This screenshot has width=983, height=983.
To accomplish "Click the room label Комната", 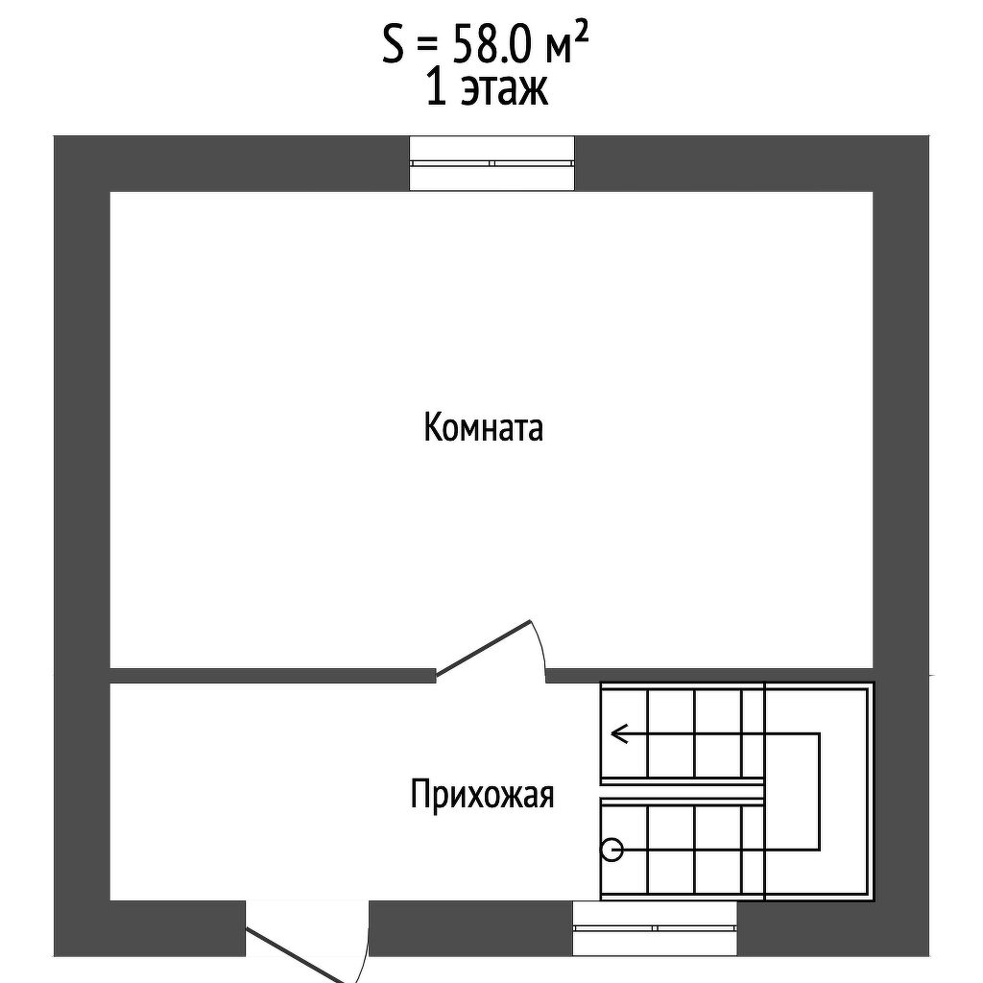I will [x=483, y=427].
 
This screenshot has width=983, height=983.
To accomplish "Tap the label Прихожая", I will [x=482, y=795].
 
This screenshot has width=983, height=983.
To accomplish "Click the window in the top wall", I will [x=492, y=163].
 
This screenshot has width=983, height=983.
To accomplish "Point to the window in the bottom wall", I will [x=655, y=928].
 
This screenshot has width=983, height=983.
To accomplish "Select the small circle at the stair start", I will [x=611, y=850].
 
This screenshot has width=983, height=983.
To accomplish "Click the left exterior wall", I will [x=82, y=538].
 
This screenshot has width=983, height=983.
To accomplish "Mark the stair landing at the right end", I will [x=819, y=792].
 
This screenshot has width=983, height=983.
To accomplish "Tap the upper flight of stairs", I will [x=682, y=735].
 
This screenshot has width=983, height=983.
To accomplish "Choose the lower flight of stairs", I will [x=682, y=850].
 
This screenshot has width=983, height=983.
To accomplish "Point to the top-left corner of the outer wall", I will [x=82, y=163].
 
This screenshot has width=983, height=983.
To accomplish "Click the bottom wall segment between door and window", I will [x=470, y=928].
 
